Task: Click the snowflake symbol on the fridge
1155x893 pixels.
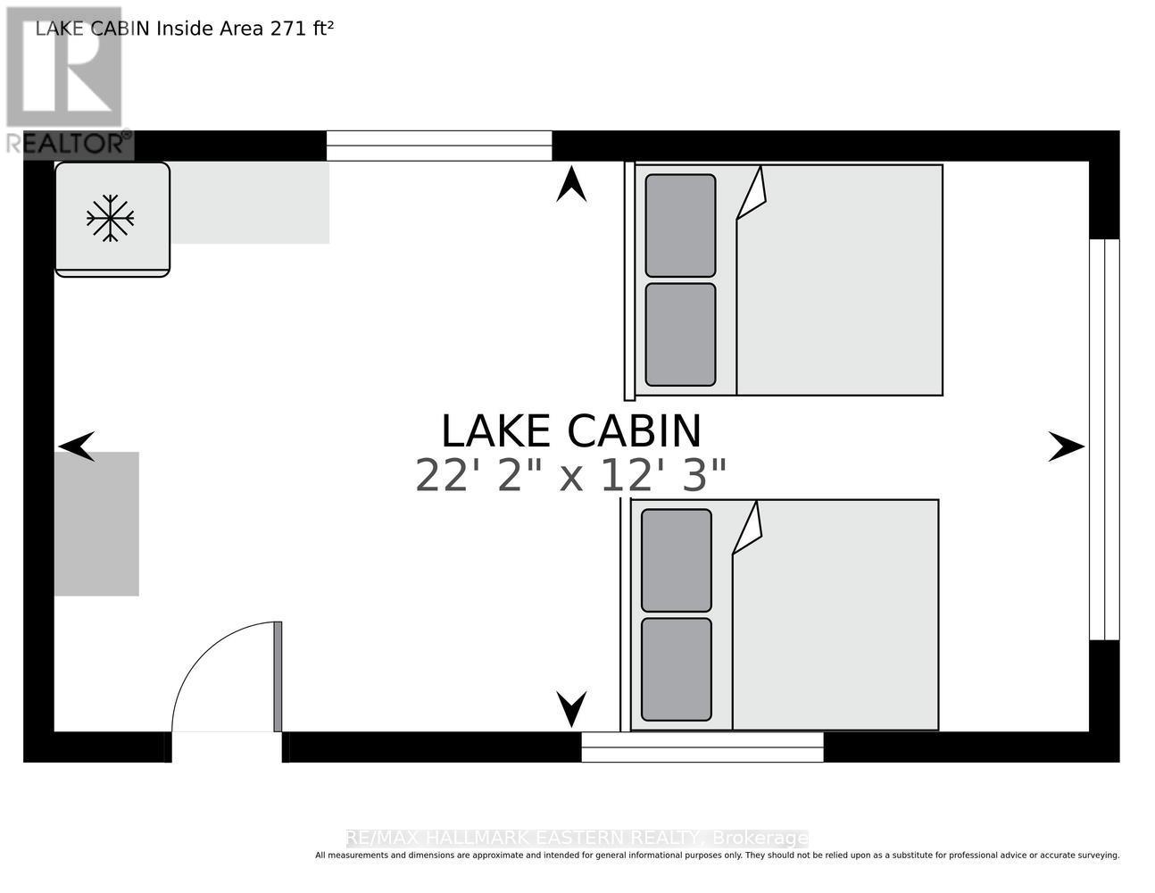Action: click(x=110, y=219)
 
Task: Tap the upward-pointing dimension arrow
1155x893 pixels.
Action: click(x=571, y=184)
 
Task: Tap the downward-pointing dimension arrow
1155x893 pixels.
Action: click(x=571, y=709)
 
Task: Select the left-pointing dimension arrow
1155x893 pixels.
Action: click(x=77, y=446)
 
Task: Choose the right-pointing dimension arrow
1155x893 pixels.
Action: click(x=1067, y=446)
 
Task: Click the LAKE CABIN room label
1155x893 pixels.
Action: click(x=571, y=431)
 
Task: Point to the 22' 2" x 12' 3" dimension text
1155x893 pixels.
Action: click(x=570, y=476)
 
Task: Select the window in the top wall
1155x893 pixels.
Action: click(x=439, y=146)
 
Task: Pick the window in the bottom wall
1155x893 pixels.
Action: click(x=702, y=747)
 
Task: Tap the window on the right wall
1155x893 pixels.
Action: click(x=1104, y=439)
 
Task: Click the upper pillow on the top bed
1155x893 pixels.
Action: click(x=680, y=225)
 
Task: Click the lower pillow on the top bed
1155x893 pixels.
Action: click(x=680, y=334)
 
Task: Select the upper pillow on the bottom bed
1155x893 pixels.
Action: click(x=676, y=560)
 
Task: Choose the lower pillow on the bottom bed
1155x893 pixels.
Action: click(x=676, y=669)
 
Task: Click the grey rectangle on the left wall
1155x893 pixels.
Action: click(x=96, y=523)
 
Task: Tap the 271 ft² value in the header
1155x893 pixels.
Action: click(x=302, y=29)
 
